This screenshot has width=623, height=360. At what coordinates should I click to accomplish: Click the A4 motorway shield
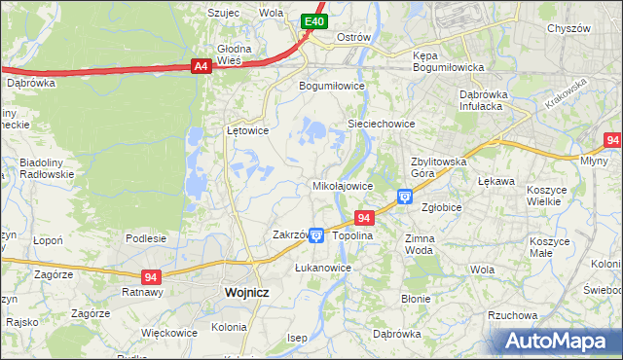click(200, 66)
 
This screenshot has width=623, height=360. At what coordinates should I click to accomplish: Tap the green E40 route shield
click(312, 20)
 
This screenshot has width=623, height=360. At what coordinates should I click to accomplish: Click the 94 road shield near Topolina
click(364, 219)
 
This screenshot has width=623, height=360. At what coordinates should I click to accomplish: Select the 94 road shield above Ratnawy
click(150, 276)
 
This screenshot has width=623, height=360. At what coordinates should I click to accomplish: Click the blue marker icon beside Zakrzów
click(316, 235)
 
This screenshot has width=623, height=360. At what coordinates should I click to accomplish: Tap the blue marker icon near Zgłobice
click(405, 198)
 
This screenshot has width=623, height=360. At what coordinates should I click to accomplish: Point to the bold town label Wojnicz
click(246, 292)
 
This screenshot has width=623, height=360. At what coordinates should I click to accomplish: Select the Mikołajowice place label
click(342, 185)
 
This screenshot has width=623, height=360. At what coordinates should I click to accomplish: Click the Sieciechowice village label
click(383, 125)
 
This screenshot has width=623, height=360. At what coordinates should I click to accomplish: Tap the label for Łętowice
click(247, 129)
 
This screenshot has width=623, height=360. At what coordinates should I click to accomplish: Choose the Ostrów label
click(353, 37)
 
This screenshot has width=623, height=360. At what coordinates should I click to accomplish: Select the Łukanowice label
click(323, 267)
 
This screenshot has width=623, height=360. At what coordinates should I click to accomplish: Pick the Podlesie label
click(146, 238)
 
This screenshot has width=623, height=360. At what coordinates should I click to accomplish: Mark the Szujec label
click(224, 13)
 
